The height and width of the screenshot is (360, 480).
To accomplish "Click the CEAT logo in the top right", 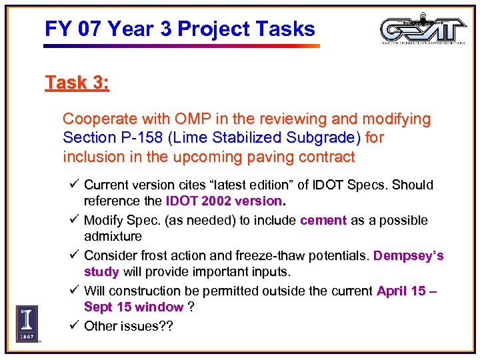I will [423, 31].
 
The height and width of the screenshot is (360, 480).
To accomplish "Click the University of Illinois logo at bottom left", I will [27, 323].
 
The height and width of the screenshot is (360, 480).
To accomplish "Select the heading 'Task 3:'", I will [77, 83].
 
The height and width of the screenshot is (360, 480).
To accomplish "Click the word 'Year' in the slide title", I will [133, 29].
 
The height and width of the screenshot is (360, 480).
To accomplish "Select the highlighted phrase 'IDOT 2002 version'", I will [224, 201].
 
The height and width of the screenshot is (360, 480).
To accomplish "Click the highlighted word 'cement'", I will [323, 220].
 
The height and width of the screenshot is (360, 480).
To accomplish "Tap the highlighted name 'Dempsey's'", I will [408, 256].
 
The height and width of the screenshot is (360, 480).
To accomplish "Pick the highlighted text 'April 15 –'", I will [406, 291].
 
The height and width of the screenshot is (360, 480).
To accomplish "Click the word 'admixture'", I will [113, 236].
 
